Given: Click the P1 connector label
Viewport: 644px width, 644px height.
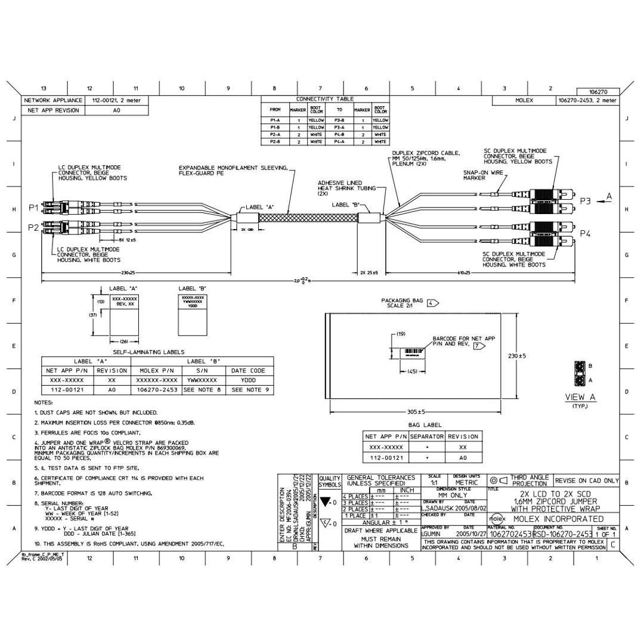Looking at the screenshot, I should [33, 208].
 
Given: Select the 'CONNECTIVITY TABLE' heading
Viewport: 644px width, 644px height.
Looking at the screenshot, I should [325, 99].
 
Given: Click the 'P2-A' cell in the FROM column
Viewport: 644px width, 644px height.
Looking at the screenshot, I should [275, 135].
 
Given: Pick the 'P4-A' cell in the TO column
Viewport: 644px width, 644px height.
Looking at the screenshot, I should [339, 142].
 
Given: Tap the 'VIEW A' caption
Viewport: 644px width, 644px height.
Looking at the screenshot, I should [581, 397].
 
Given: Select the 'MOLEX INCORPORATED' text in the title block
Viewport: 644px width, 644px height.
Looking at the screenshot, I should [556, 519].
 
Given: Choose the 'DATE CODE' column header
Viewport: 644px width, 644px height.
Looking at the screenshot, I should [249, 370].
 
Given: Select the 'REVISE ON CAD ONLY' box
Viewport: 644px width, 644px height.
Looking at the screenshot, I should [586, 480].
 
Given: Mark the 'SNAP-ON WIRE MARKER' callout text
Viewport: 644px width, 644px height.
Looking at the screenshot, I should [481, 174].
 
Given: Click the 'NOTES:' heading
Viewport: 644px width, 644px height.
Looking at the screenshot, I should [44, 402].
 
